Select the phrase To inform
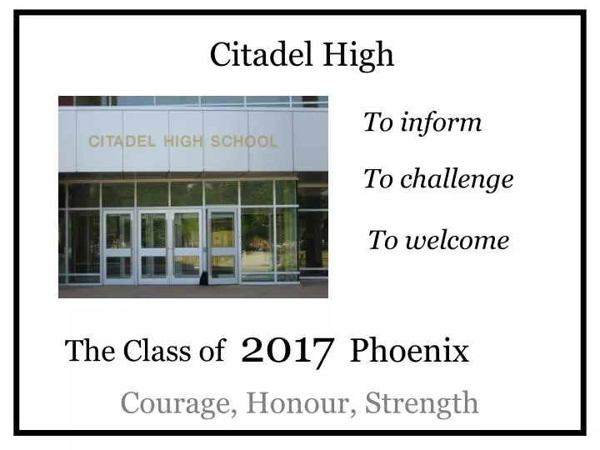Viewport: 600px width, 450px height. point(422,122)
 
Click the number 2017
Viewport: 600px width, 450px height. point(288,351)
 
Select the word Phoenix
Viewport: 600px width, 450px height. point(409,351)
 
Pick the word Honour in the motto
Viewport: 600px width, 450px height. point(291,402)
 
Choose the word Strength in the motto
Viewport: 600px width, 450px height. point(422,403)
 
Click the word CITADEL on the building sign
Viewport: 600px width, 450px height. point(122,141)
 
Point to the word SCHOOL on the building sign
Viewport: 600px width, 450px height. point(243,141)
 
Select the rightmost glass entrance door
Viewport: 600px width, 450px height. point(222,246)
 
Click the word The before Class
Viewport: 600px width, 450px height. point(89,352)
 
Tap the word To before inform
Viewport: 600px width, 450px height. point(377,122)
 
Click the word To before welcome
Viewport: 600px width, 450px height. point(382,241)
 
